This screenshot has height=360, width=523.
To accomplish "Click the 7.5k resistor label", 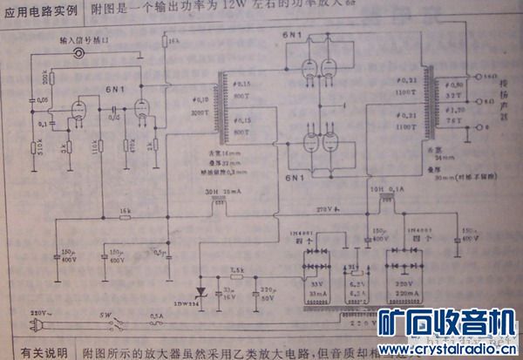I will tap(235, 269).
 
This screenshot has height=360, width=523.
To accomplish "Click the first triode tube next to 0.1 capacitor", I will tap(76, 110).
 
